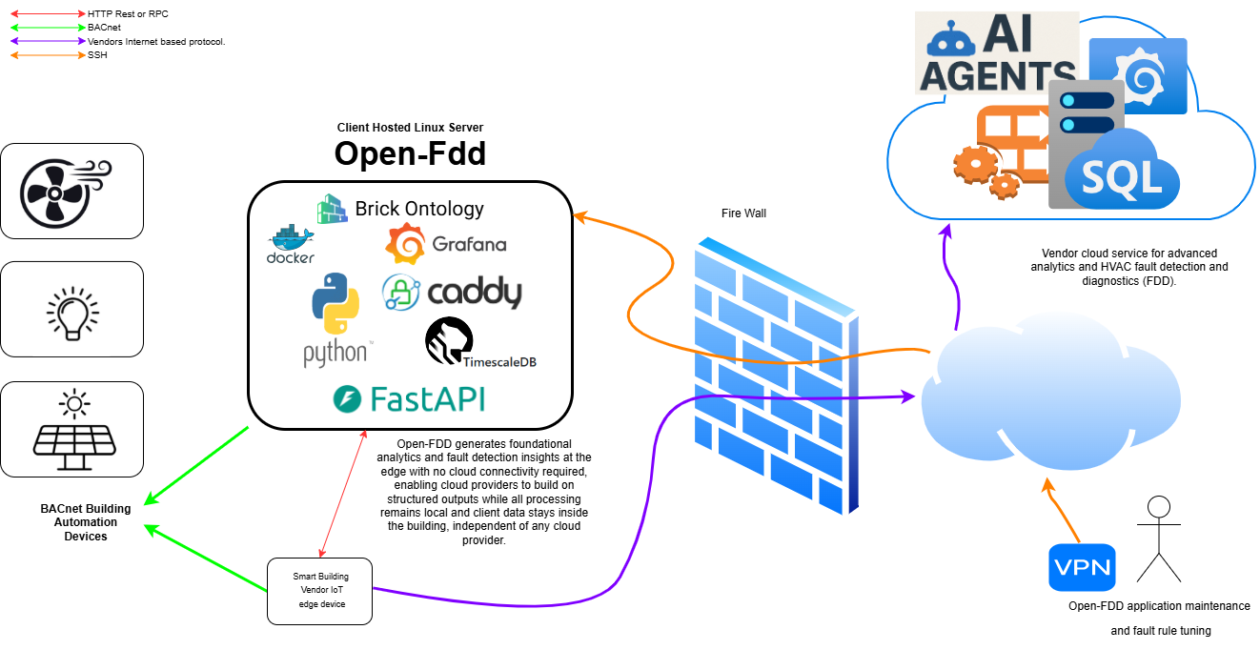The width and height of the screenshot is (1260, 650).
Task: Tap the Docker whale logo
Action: click(x=291, y=244)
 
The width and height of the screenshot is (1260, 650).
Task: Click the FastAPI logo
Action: click(x=409, y=398)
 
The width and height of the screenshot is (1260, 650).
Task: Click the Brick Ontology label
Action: click(x=419, y=208)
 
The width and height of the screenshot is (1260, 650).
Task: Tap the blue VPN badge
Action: click(x=1082, y=567)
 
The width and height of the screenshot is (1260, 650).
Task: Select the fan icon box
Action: click(x=72, y=191)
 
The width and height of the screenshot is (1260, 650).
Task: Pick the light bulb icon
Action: click(x=72, y=309)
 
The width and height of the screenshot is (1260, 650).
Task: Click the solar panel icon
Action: click(x=72, y=429)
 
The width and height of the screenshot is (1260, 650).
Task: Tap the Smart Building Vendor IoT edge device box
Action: click(x=319, y=591)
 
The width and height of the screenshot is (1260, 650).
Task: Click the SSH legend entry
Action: click(x=98, y=55)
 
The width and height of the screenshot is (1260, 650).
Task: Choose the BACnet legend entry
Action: click(x=103, y=29)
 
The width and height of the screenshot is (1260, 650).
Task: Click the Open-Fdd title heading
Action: click(x=410, y=153)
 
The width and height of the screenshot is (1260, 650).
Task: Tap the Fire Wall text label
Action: click(x=743, y=213)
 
